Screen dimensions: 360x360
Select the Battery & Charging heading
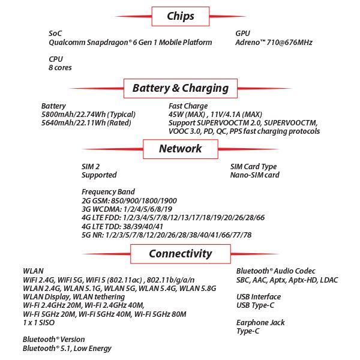coord(180,88)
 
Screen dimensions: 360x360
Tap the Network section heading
coord(180,149)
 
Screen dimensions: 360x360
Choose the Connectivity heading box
coord(180,253)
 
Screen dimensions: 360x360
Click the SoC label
coord(55,33)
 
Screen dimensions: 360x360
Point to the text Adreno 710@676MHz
coord(274,43)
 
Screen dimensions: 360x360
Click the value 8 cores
coord(61,68)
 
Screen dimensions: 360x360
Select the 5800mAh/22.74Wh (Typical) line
coord(88,115)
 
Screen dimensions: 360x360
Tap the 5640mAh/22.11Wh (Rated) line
coord(86,123)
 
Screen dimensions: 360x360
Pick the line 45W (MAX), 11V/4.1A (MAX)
coord(215,115)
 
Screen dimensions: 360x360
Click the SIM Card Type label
coord(253,166)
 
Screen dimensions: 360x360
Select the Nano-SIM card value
coord(254,175)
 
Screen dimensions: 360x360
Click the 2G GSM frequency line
coord(129,200)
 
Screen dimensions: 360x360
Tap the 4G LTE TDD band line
coord(122,226)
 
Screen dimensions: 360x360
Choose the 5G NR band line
coord(166,235)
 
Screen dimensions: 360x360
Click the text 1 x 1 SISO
coord(39,323)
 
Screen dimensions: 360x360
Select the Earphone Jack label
coord(260,322)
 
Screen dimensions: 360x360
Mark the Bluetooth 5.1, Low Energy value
coord(67,348)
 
